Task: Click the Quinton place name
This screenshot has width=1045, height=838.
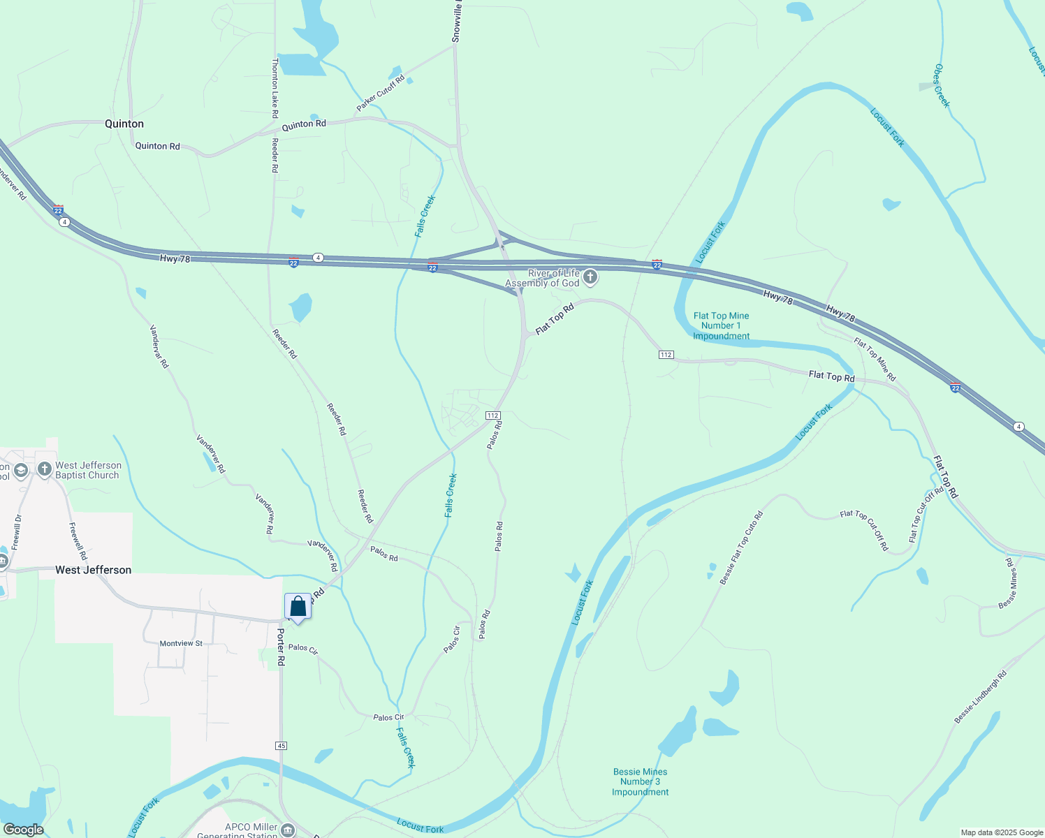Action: (124, 124)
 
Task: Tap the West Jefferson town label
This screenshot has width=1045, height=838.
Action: (93, 570)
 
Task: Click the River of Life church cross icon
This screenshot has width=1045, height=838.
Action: (590, 278)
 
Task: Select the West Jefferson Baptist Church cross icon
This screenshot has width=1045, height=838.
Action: (45, 469)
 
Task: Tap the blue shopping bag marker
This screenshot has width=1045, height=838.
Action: (298, 607)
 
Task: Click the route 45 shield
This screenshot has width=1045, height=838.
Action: (281, 746)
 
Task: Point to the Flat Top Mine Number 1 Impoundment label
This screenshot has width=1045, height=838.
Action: (721, 326)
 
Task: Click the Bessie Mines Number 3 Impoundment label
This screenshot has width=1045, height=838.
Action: (641, 781)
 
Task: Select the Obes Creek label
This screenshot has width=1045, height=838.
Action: (942, 86)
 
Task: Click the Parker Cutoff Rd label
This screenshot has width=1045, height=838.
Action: (381, 94)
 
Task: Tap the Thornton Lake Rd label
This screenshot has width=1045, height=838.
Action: (275, 88)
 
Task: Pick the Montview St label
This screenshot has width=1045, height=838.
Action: (181, 643)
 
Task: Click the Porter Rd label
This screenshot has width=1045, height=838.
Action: (281, 647)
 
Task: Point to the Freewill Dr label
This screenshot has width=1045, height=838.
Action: (17, 532)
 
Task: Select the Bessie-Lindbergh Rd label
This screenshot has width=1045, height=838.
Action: (981, 697)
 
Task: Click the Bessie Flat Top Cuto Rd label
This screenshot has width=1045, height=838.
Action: (741, 547)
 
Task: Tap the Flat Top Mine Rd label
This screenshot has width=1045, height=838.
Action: (875, 359)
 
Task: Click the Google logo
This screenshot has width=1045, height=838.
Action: (23, 830)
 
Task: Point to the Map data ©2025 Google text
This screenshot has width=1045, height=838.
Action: (1002, 832)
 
